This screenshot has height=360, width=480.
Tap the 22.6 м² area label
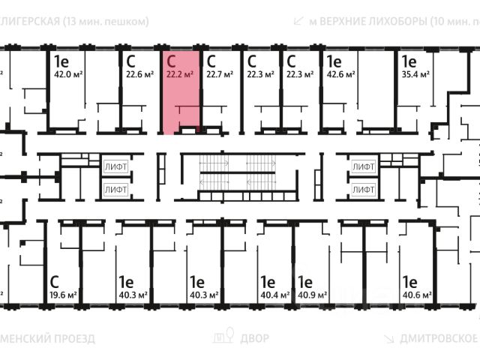(x=139, y=73)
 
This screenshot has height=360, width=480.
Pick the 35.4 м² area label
(x=414, y=73)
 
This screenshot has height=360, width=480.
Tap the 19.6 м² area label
(x=64, y=295)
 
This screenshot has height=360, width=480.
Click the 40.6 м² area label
(x=415, y=295)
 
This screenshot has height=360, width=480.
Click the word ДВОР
(x=255, y=338)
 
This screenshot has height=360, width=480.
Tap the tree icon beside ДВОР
(x=224, y=337)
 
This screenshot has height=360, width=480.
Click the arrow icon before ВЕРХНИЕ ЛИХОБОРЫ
(x=299, y=20)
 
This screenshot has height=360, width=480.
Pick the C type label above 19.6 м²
(x=54, y=282)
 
